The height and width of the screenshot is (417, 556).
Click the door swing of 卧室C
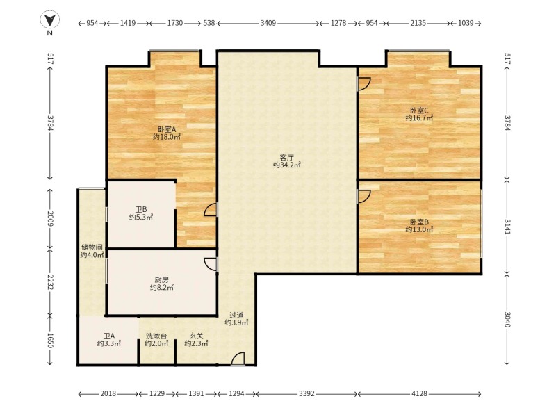364,83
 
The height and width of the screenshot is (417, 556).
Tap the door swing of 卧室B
364,197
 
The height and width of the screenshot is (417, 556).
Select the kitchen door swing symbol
211,264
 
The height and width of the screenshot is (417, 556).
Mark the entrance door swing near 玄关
238,359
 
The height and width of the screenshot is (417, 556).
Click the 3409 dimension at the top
268,23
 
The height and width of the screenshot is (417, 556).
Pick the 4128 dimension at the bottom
420,393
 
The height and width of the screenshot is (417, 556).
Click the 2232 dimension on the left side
50,282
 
